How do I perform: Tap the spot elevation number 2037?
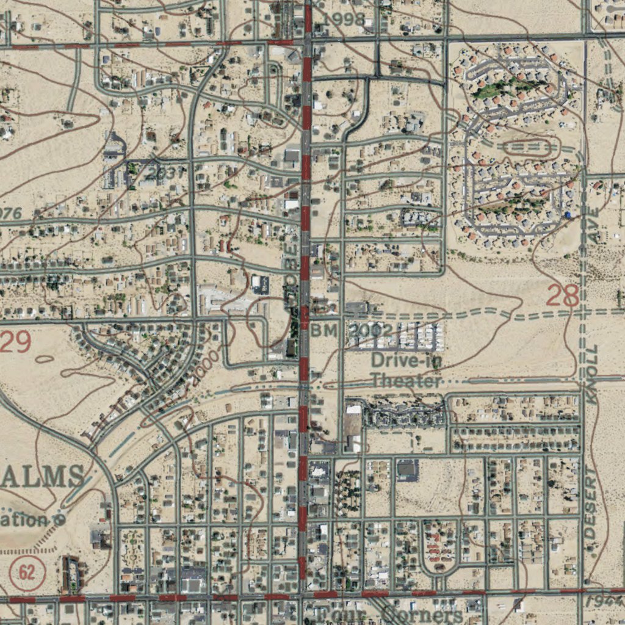coord(165,173)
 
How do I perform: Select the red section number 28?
coord(562,296)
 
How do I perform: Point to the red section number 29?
coord(15,342)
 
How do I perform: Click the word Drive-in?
coord(406,360)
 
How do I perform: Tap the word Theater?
coord(406,381)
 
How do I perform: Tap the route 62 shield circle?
coord(27,573)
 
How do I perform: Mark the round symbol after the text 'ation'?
coord(59,520)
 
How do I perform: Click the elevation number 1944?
coord(604,602)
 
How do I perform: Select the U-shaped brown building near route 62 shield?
coord(71,574)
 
